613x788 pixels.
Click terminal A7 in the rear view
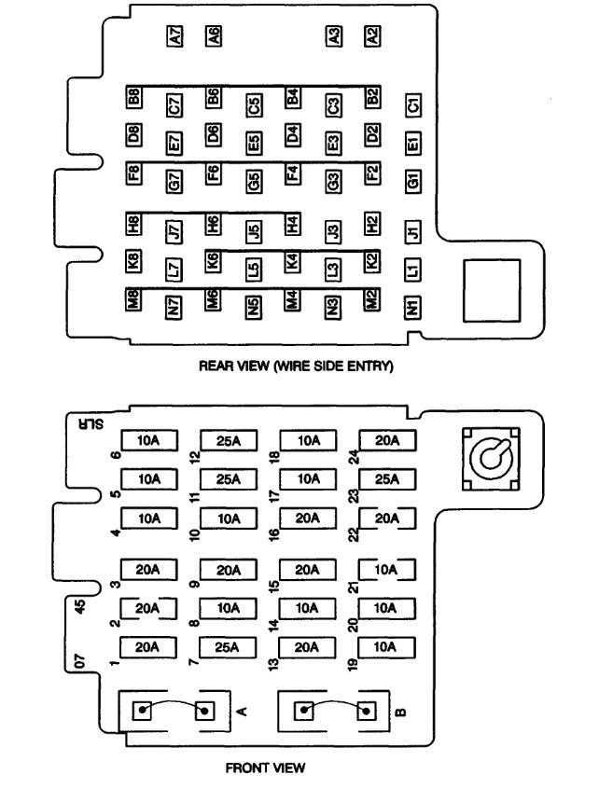174,36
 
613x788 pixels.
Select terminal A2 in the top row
373,36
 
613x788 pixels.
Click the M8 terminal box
134,300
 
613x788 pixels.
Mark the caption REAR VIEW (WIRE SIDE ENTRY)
297,366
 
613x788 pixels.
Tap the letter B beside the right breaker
401,712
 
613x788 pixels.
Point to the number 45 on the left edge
80,607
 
